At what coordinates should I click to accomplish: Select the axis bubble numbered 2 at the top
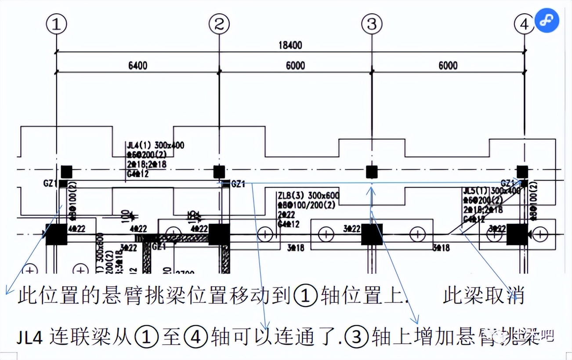pyautogui.click(x=219, y=25)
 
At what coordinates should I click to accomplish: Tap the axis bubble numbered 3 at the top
pyautogui.click(x=372, y=25)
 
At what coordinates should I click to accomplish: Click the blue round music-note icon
pyautogui.click(x=547, y=20)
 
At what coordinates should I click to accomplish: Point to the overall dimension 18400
pyautogui.click(x=290, y=45)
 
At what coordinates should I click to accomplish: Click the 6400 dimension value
pyautogui.click(x=138, y=65)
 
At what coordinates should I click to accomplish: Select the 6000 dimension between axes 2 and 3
pyautogui.click(x=295, y=65)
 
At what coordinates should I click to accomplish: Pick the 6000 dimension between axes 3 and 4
pyautogui.click(x=447, y=65)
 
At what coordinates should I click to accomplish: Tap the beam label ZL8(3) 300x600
pyautogui.click(x=308, y=195)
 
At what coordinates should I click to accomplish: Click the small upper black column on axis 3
pyautogui.click(x=372, y=172)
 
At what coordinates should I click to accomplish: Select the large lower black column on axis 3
pyautogui.click(x=372, y=234)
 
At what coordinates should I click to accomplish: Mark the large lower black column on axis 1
pyautogui.click(x=57, y=234)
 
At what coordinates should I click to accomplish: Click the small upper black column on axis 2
pyautogui.click(x=219, y=171)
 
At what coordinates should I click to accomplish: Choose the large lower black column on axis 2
pyautogui.click(x=219, y=234)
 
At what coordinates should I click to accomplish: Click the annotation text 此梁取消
pyautogui.click(x=483, y=295)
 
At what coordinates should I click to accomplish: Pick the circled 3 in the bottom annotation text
pyautogui.click(x=357, y=338)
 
